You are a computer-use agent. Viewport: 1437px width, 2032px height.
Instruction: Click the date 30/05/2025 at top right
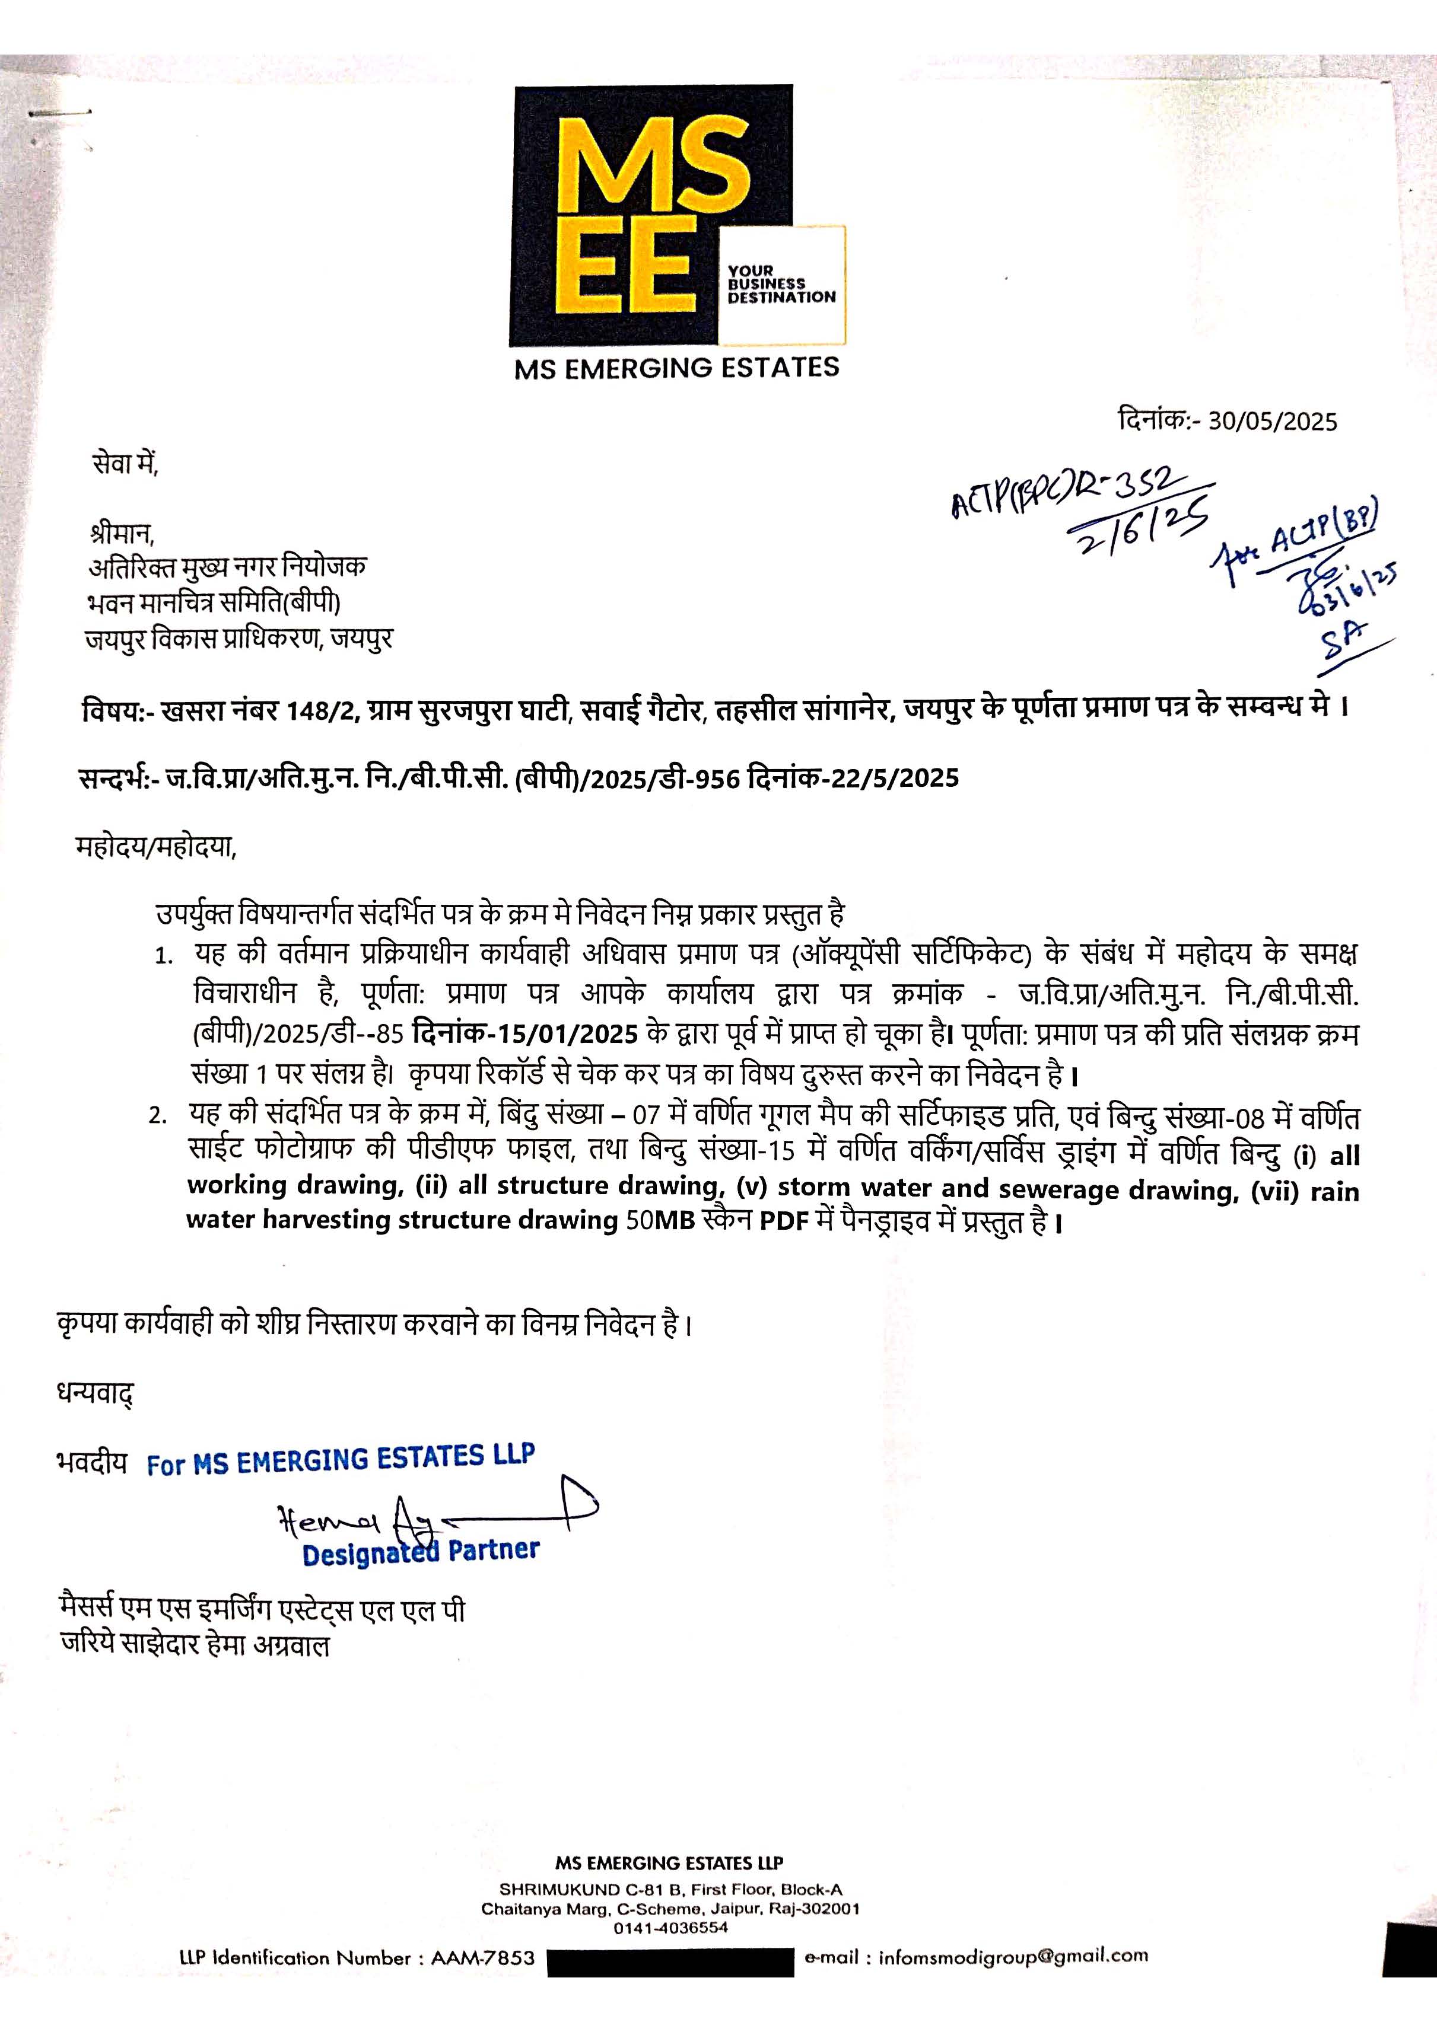pyautogui.click(x=1272, y=421)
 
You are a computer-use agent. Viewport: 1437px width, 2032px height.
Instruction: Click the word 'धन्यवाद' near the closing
pyautogui.click(x=95, y=1396)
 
